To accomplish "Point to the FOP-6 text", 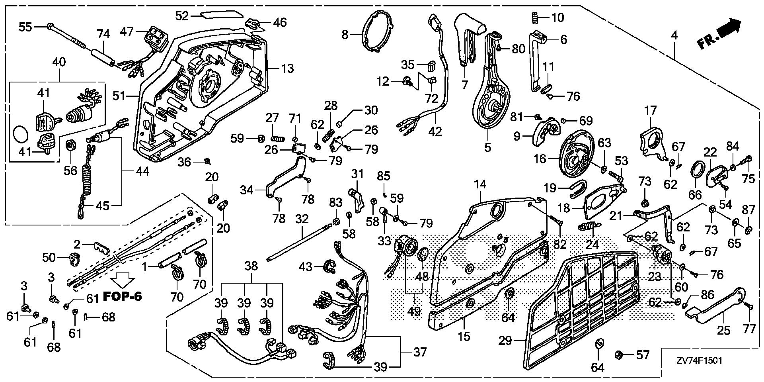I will coord(123,297).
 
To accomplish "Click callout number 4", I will coord(674,35).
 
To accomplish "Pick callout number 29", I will coord(506,341).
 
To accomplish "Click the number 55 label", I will coord(25,27).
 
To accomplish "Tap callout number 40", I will coord(59,62).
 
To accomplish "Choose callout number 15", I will coord(464,337).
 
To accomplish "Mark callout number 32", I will coord(302,219).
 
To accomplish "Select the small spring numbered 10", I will coord(536,18).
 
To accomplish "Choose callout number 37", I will coord(420,352).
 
